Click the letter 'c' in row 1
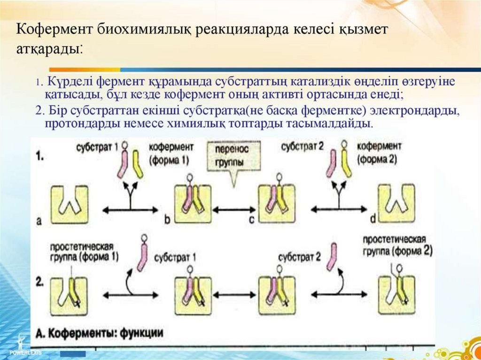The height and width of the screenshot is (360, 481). point(252,220)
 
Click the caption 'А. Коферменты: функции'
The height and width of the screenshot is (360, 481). point(100,332)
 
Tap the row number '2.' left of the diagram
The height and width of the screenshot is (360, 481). point(41,282)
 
